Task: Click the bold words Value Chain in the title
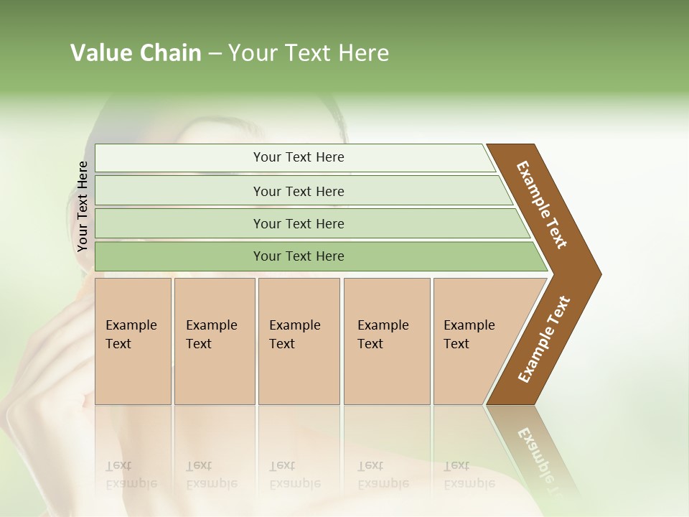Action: (136, 53)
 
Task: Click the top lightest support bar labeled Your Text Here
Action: (298, 157)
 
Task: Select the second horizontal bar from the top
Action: (298, 191)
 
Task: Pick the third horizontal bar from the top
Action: (298, 223)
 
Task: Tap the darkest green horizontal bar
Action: (298, 256)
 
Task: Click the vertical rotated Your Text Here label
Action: (83, 207)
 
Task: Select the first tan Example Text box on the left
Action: (133, 340)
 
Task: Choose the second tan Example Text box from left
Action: (214, 340)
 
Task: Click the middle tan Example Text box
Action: (299, 340)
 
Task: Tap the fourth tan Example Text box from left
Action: (386, 340)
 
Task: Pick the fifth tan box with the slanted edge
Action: (474, 340)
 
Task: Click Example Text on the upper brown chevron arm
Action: (543, 205)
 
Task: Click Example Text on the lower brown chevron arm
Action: (544, 340)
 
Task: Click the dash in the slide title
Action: (215, 53)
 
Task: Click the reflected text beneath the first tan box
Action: (131, 475)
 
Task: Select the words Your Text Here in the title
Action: (309, 53)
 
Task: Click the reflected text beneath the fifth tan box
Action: (469, 475)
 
